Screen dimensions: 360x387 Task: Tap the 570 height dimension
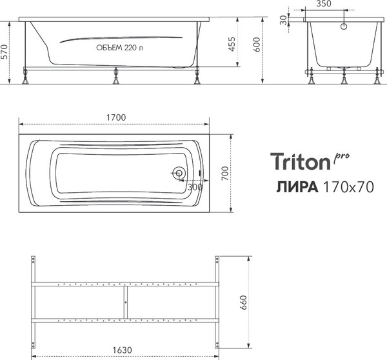6,52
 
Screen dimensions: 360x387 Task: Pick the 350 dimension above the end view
324,4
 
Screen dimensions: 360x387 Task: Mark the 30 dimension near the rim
283,19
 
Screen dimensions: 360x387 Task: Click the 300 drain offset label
194,186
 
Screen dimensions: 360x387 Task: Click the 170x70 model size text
348,186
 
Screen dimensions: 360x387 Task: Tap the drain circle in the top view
179,174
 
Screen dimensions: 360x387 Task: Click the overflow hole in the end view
344,26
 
